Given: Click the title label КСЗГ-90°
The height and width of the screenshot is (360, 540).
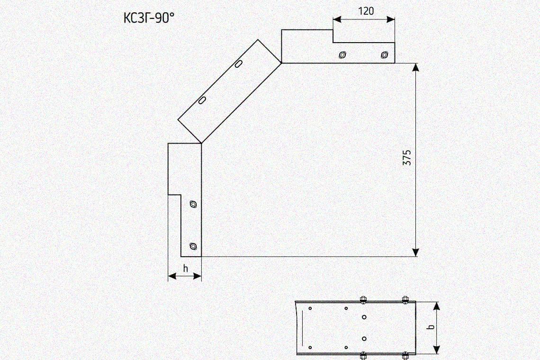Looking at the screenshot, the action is coord(148,18).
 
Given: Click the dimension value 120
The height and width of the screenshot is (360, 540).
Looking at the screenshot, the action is coord(366,11).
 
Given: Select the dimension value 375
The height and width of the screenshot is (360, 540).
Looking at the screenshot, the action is coord(407,157).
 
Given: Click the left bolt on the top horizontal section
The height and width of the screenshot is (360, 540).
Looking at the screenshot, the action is coord(342,55).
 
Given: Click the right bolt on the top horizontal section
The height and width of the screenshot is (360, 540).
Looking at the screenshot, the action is coord(384,55).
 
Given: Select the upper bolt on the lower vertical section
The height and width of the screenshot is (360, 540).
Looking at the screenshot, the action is coord(193,204).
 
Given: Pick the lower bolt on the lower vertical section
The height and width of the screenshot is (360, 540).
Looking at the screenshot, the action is coord(193,246).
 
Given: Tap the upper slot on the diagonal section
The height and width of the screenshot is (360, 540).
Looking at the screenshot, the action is coord(238,64).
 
